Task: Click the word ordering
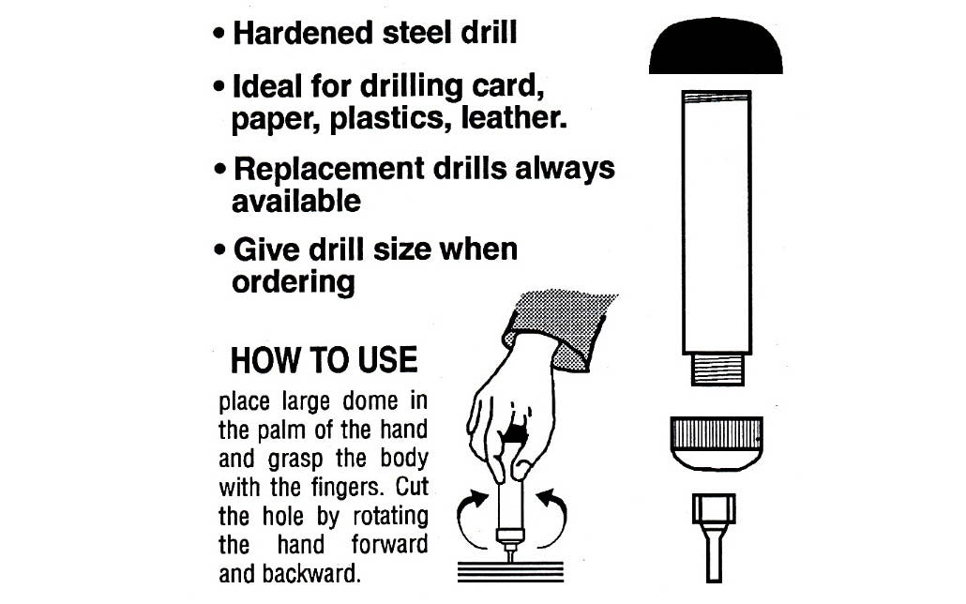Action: point(293,281)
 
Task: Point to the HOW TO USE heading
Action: point(324,360)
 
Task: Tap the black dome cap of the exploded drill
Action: point(716,50)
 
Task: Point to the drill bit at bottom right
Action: point(714,535)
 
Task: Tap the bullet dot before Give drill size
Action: point(219,251)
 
